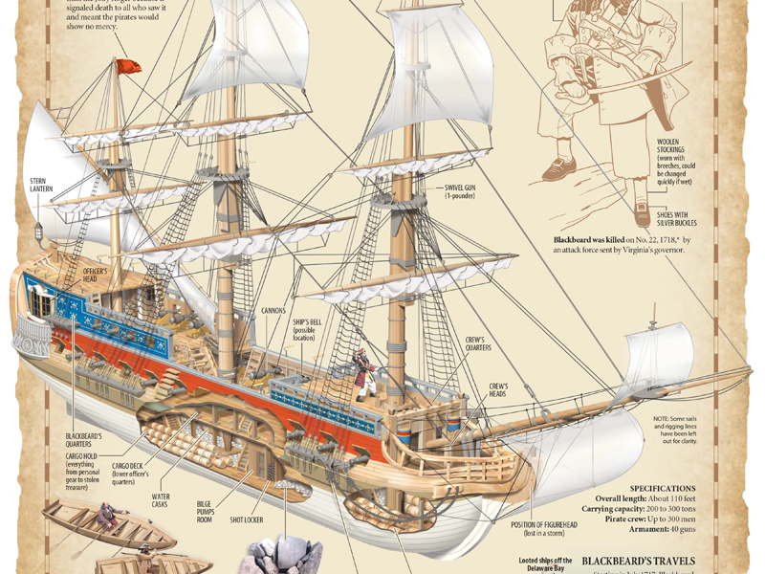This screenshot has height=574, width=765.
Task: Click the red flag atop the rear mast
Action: (129, 66)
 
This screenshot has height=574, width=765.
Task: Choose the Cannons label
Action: (276, 312)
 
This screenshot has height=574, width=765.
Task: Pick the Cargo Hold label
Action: (89, 473)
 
